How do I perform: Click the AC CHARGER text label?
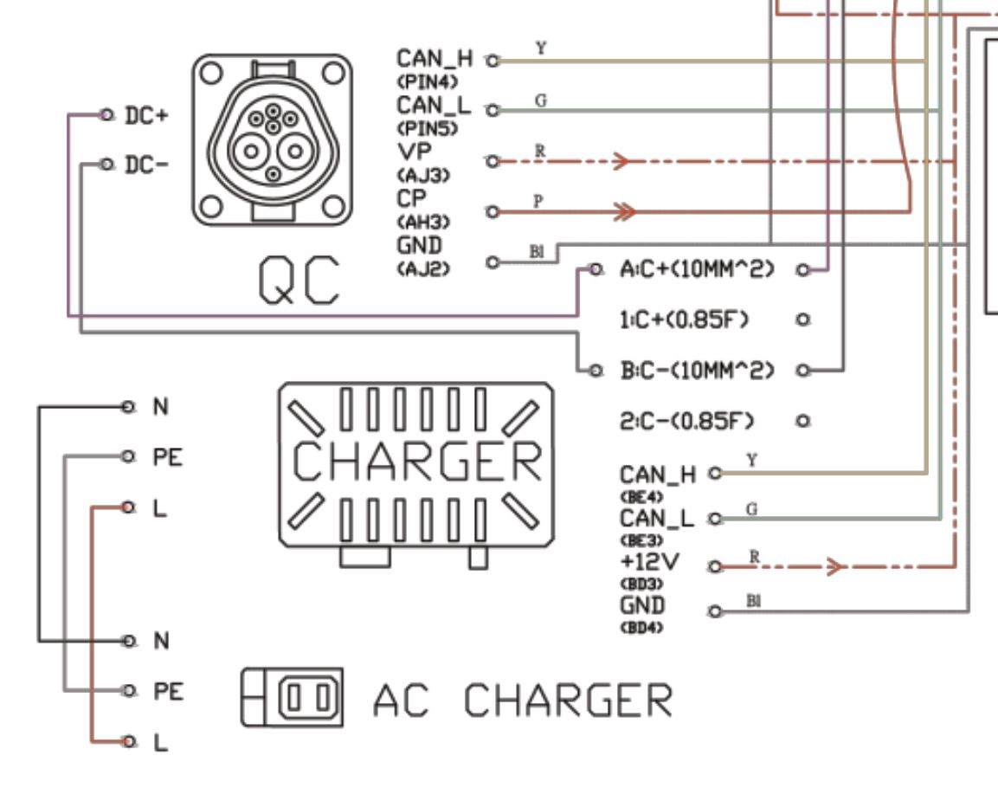click(522, 701)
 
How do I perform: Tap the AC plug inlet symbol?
click(292, 696)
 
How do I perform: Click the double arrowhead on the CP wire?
click(623, 210)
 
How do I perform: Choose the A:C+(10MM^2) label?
click(696, 270)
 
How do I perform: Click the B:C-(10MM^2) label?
click(696, 371)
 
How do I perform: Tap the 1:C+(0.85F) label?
click(685, 320)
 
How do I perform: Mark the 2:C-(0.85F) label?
click(687, 422)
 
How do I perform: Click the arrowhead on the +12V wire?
click(834, 567)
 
